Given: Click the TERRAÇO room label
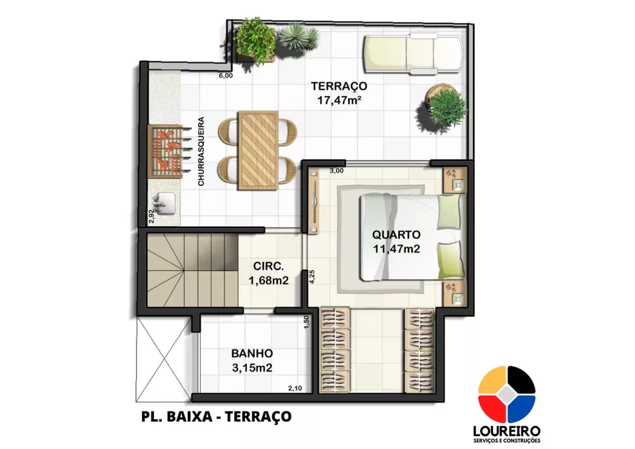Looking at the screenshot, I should tap(338, 86).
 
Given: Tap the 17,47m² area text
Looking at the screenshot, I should tap(338, 99).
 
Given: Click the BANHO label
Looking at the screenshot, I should tap(252, 353).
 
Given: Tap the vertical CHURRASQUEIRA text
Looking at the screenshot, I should tap(201, 151).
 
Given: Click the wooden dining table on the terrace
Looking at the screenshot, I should tap(257, 150).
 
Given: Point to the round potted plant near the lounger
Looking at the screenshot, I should tap(446, 106).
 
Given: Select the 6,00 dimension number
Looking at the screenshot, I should tap(225, 76).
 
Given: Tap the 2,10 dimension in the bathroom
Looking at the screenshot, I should tap(295, 389).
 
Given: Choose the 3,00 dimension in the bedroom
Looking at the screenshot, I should tap(337, 170).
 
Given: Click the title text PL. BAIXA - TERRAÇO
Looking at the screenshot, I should tap(215, 417).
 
